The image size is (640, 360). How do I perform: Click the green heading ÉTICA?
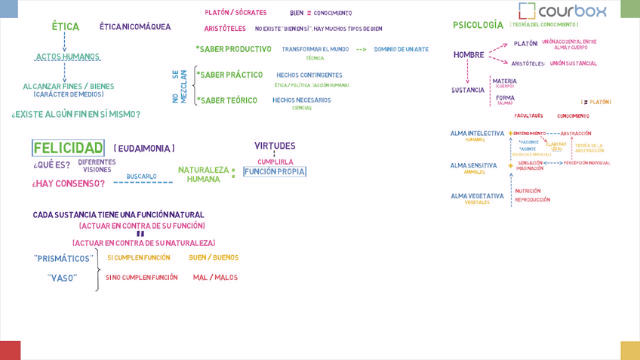[x=66, y=26]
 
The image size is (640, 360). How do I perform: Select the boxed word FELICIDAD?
[x=68, y=148]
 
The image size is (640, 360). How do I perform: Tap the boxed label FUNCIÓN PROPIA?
[x=275, y=172]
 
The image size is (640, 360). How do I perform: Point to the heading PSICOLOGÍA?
[x=478, y=25]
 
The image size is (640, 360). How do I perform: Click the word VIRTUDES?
[x=275, y=146]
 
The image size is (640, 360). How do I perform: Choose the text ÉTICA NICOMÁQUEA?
[x=135, y=27]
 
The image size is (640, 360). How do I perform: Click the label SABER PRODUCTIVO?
[x=234, y=49]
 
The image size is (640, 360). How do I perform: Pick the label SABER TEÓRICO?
[x=228, y=100]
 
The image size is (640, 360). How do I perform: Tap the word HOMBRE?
[x=469, y=55]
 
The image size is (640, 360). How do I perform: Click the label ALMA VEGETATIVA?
[x=477, y=196]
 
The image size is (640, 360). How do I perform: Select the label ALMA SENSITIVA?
[x=473, y=165]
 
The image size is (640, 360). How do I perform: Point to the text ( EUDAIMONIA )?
[x=144, y=149]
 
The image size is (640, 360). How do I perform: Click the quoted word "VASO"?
[x=63, y=278]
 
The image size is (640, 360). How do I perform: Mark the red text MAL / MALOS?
[x=215, y=278]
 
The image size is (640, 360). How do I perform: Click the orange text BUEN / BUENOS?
[x=214, y=257]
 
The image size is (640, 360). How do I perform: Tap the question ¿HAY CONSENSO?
[x=68, y=183]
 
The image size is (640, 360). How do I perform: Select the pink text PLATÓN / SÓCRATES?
[x=235, y=13]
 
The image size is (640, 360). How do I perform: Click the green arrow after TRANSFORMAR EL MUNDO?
[x=361, y=50]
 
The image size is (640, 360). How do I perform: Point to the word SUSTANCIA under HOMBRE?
[x=468, y=90]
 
